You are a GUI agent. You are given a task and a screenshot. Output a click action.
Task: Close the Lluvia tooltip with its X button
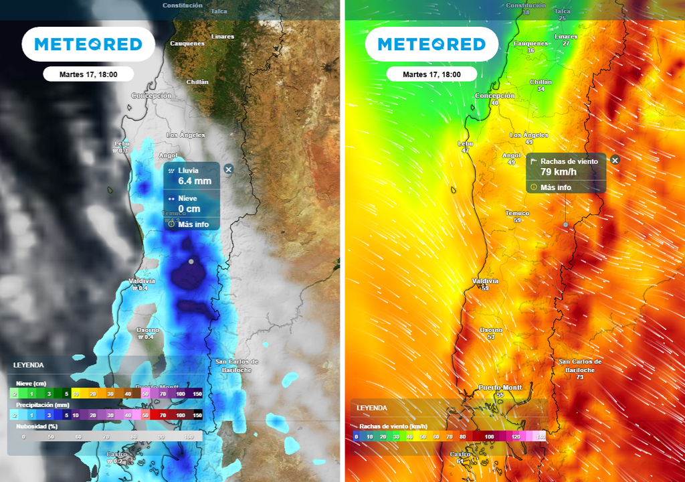pos(228,169)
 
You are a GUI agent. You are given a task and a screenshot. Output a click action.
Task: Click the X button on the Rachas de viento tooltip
pos(615,160)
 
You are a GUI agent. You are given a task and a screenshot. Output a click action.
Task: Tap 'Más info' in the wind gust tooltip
pos(555,187)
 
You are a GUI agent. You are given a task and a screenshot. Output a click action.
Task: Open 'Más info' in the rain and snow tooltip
pos(193,224)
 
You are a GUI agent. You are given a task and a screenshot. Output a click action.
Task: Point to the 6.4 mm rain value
pos(194,181)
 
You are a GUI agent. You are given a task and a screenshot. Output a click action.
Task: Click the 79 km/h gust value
pos(559,171)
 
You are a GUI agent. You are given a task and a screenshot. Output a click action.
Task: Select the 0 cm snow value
pos(189,209)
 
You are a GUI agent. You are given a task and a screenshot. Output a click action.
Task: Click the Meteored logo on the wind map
pos(431,44)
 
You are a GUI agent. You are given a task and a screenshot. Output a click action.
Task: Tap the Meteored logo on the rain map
pos(88,44)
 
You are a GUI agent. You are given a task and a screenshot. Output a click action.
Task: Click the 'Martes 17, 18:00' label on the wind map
pos(431,74)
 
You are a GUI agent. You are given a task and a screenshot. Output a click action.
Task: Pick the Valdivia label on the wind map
pos(486,280)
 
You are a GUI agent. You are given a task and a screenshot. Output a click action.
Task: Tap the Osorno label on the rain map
pos(148,330)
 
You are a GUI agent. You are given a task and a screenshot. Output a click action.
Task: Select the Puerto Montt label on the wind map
pos(500,388)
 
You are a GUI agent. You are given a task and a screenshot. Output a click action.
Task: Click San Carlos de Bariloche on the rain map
pos(237,366)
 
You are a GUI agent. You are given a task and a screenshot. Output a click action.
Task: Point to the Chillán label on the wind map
pos(541,82)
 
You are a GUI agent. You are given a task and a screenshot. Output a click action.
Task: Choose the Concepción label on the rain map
pos(151,96)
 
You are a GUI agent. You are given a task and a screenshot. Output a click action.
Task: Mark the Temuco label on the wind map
pos(517,213)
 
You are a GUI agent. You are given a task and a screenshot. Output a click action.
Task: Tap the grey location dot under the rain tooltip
pos(191,261)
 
